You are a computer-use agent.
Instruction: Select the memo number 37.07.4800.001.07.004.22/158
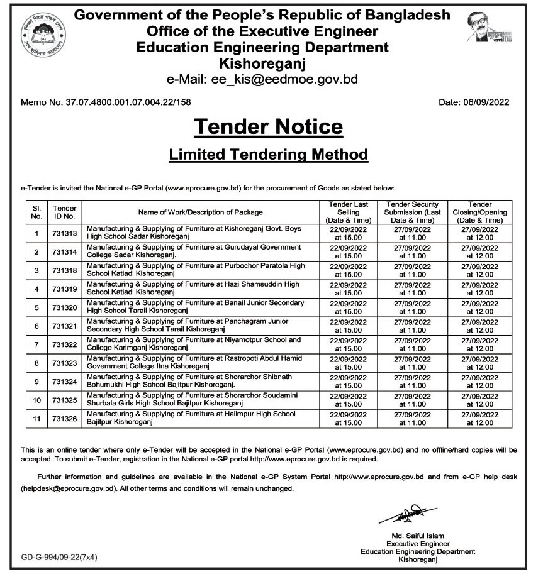tap(106, 102)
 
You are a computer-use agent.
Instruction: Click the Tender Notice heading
tap(269, 127)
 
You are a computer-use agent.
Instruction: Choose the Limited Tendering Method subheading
tap(269, 154)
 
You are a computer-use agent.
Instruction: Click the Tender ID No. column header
tap(65, 212)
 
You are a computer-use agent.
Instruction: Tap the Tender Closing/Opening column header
tap(480, 212)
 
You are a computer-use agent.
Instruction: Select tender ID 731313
tap(65, 234)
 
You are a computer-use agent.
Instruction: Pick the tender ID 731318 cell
tap(65, 271)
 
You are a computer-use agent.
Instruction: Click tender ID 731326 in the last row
tap(65, 418)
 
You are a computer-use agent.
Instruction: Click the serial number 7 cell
tap(36, 344)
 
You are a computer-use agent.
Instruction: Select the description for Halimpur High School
tap(191, 418)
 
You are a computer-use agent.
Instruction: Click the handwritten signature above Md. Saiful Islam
tap(398, 516)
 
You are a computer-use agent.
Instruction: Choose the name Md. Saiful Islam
tap(417, 536)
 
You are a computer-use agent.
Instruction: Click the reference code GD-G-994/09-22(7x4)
tap(59, 557)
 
